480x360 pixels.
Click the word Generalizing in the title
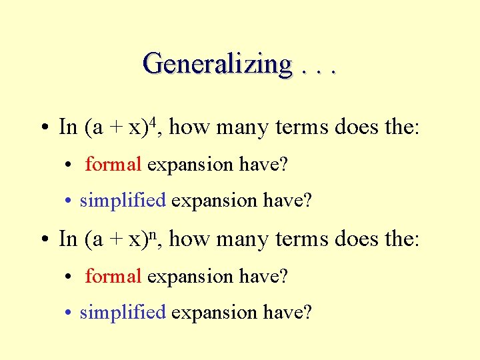click(x=217, y=64)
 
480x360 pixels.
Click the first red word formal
click(x=113, y=164)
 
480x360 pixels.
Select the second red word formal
click(x=113, y=276)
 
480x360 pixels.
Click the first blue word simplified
click(x=122, y=200)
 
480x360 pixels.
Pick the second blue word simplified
click(x=122, y=312)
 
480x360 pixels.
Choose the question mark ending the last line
click(x=307, y=312)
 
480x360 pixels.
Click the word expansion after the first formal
click(x=189, y=165)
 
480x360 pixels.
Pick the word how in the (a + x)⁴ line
click(x=190, y=127)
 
